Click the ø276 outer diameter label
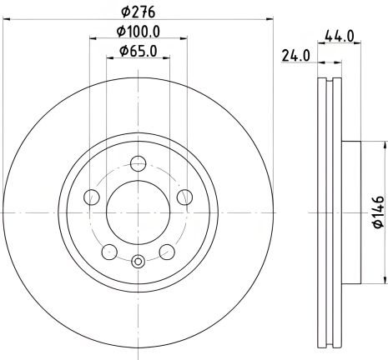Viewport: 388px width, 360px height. click(138, 12)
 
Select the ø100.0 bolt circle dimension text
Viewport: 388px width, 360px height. click(138, 32)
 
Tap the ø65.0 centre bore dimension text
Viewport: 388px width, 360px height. click(138, 52)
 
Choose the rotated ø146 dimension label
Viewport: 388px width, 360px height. click(377, 212)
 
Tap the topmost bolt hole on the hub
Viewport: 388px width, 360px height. click(138, 163)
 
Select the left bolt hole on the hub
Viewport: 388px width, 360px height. click(93, 197)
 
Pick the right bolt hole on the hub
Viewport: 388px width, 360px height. click(184, 197)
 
